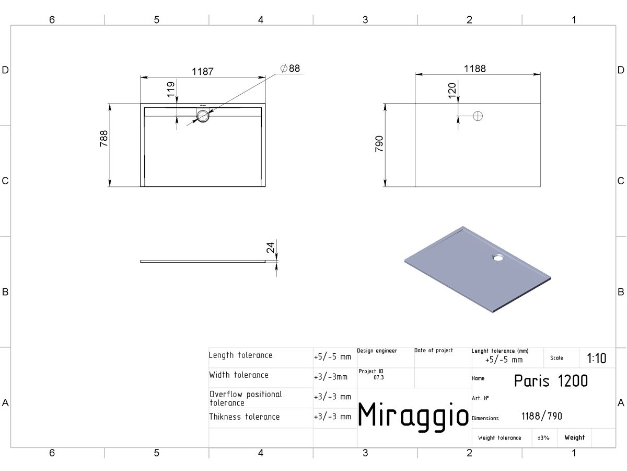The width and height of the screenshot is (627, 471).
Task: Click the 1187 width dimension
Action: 203,72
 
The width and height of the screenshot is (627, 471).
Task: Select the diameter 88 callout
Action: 290,69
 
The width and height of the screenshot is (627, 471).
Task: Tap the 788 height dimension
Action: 103,138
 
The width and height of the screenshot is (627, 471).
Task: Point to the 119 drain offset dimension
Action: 170,89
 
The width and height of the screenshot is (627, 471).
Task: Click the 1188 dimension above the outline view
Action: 474,69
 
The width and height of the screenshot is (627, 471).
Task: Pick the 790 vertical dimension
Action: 379,144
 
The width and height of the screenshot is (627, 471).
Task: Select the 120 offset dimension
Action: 452,91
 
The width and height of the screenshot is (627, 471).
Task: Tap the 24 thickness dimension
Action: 270,248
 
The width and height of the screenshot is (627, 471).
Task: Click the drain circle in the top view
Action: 203,116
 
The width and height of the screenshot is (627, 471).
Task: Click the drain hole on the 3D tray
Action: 497,257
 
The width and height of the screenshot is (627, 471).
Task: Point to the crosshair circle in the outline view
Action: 478,116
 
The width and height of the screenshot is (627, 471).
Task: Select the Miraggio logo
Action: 413,416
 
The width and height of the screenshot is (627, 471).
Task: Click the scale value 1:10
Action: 596,358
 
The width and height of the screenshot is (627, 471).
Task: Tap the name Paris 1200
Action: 551,381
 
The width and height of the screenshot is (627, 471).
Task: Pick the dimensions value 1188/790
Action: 542,417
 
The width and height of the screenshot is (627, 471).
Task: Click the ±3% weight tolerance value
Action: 543,438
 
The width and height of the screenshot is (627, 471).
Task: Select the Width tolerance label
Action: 239,375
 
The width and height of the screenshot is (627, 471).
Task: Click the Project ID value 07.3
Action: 378,377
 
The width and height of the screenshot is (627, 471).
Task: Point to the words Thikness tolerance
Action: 244,417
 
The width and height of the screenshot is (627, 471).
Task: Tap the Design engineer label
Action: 377,351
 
